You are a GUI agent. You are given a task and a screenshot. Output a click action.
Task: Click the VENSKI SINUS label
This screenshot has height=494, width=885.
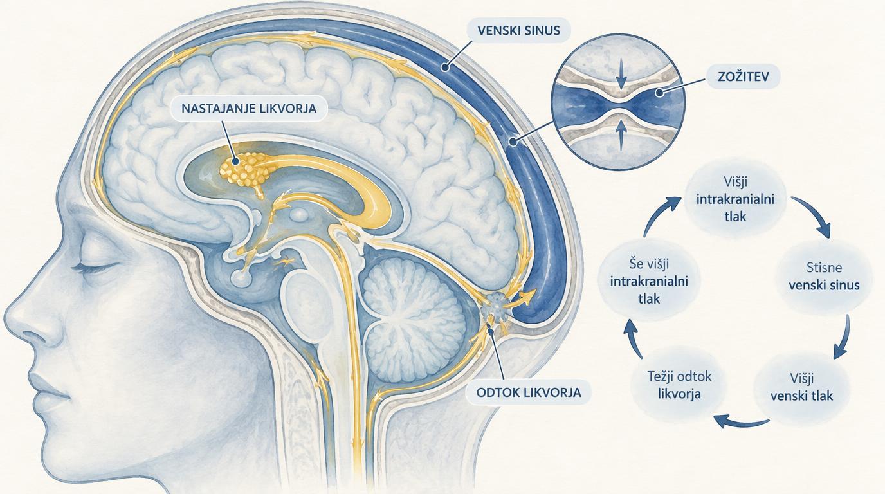(x=518, y=30)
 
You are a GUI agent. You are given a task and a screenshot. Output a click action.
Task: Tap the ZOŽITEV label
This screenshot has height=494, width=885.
(x=743, y=77)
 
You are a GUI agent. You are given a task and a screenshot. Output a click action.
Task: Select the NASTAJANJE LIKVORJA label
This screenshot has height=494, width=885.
(x=249, y=108)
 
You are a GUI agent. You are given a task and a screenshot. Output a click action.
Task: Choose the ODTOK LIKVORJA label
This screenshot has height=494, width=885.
(x=529, y=392)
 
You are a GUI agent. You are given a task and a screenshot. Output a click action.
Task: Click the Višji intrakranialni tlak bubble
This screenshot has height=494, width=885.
(x=735, y=199)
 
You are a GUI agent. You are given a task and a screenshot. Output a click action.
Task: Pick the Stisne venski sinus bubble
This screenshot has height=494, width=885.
(x=824, y=277)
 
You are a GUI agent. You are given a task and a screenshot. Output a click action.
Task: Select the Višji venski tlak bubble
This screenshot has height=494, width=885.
(x=801, y=387)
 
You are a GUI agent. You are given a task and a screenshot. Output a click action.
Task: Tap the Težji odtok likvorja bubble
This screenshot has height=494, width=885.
(x=680, y=385)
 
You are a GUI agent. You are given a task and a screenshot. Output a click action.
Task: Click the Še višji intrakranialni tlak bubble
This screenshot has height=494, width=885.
(x=649, y=281)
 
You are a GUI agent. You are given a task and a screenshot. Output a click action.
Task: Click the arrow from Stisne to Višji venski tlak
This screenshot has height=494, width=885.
(x=843, y=337)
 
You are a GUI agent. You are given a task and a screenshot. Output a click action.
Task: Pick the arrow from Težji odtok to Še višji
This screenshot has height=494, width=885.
(x=634, y=340)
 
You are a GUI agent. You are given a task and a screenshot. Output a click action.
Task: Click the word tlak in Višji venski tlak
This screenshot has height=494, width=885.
(x=820, y=396)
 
